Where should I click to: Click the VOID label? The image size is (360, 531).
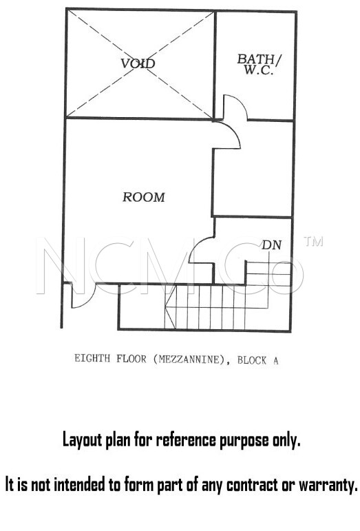[138, 63]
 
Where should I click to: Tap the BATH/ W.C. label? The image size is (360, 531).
[259, 64]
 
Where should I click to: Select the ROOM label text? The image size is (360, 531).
[144, 197]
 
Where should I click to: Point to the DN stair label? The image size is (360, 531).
[271, 245]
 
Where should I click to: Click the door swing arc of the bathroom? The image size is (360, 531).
[240, 101]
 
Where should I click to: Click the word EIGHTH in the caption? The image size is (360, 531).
[92, 358]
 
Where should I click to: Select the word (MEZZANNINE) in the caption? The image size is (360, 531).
[189, 359]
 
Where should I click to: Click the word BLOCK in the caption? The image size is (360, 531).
[252, 360]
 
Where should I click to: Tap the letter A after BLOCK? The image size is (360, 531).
[276, 361]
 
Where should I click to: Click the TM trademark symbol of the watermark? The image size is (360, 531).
[313, 241]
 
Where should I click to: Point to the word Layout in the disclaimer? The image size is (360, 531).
[82, 440]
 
